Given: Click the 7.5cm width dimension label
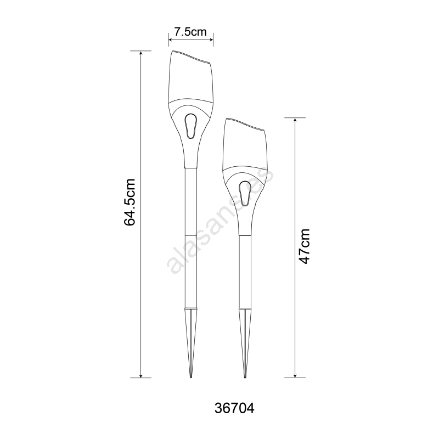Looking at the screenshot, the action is tap(190, 32).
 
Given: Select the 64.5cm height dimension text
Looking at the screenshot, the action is tap(130, 202).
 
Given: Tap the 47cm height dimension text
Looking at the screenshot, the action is tap(305, 246).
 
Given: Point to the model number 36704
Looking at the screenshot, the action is tap(234, 408).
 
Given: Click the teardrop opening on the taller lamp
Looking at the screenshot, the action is tap(190, 126).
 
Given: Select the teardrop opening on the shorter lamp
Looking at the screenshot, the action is tap(245, 194).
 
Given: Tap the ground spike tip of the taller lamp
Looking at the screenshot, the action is tap(190, 377).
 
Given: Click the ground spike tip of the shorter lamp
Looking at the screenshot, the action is tap(245, 377).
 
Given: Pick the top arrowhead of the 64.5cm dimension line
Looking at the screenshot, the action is tap(141, 54).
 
